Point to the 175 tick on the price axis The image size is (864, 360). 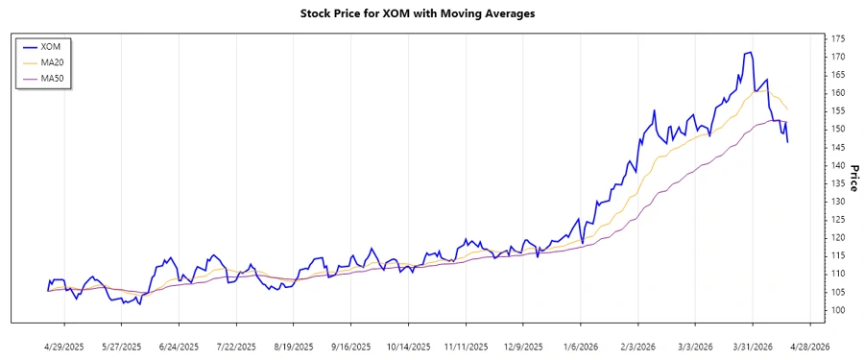click(x=838, y=38)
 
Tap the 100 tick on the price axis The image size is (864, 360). click(x=838, y=310)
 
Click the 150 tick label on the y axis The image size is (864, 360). click(x=838, y=129)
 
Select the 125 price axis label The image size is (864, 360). click(x=838, y=220)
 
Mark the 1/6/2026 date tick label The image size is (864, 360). click(x=582, y=346)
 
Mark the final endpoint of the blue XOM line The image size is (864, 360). click(x=788, y=142)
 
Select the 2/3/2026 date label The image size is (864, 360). click(x=638, y=346)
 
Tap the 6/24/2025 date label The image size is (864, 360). click(x=179, y=346)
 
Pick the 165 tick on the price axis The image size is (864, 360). click(x=838, y=75)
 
